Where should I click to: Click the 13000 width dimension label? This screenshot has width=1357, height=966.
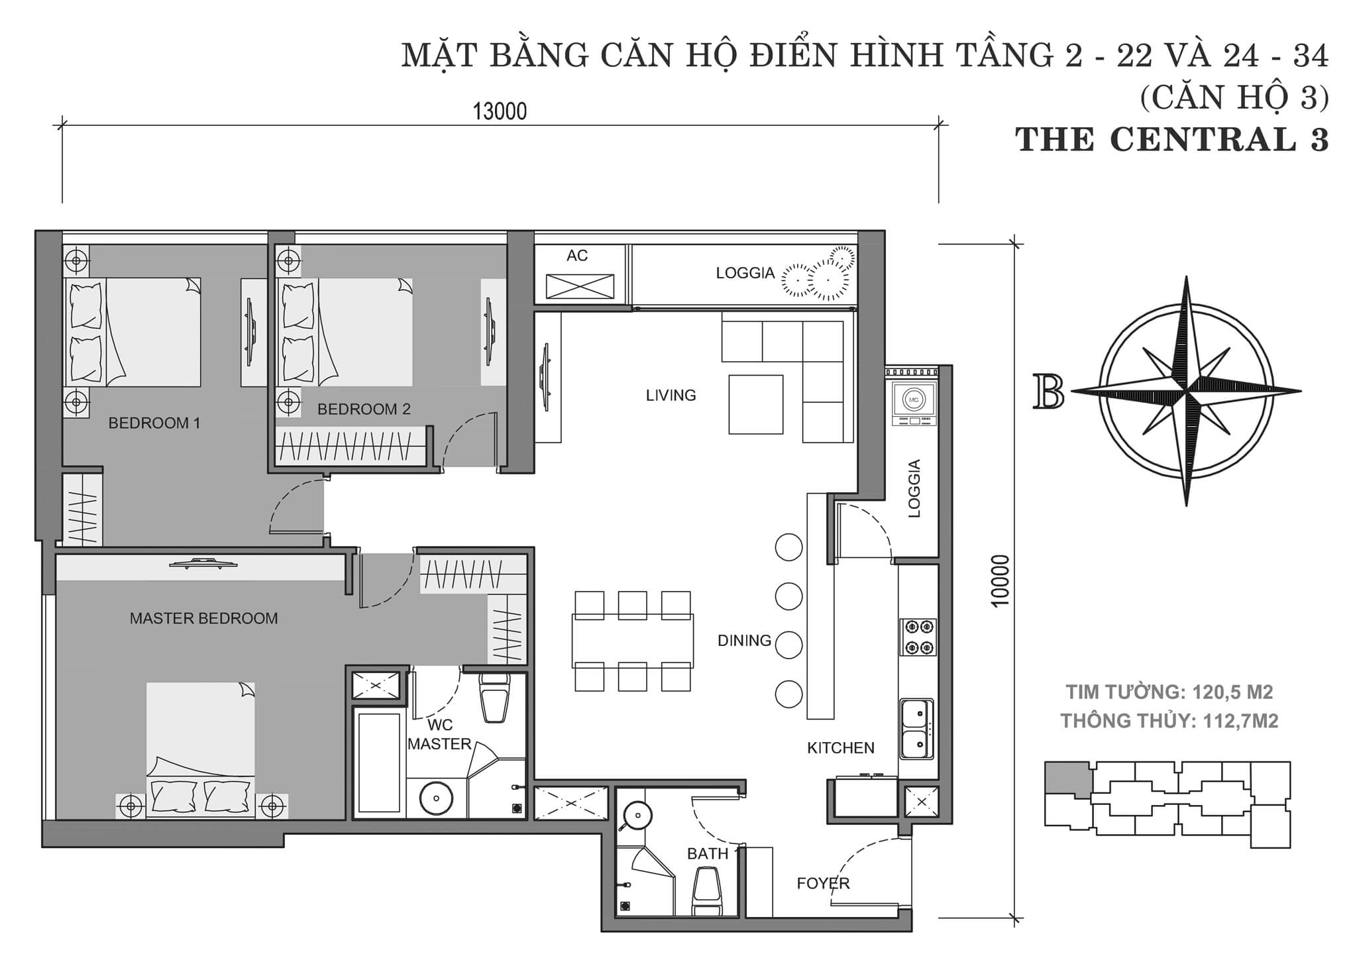click(x=500, y=111)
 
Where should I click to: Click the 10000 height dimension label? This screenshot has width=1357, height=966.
click(x=1000, y=580)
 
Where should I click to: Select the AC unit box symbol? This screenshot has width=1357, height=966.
click(x=580, y=286)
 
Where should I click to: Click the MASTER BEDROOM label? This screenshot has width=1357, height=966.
click(x=203, y=618)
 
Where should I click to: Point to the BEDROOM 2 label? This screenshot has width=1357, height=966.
click(x=364, y=409)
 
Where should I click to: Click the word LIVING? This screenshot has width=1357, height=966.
click(x=671, y=396)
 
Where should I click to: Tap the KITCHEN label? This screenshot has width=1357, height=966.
click(x=840, y=748)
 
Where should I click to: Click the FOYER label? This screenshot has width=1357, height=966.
click(x=823, y=883)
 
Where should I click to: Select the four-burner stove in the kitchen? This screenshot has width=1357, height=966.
click(x=918, y=637)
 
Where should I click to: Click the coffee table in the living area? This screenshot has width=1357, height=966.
click(x=755, y=404)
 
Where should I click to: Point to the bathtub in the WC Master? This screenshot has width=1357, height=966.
click(x=379, y=762)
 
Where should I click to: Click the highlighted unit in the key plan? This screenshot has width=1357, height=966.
click(x=1067, y=779)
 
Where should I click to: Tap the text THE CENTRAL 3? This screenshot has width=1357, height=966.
click(x=1171, y=140)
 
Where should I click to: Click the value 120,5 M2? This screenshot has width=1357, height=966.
click(x=1232, y=692)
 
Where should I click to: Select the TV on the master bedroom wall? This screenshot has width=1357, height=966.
click(x=203, y=564)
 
